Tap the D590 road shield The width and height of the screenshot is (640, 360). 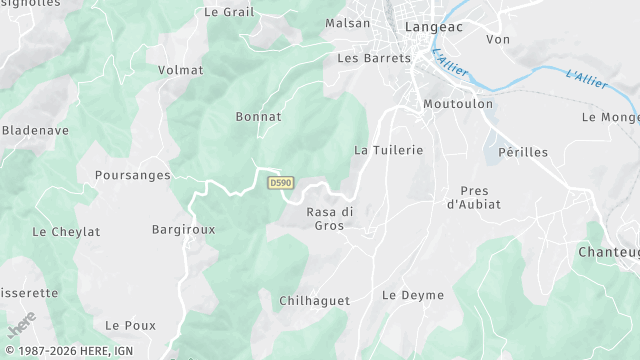pos(280,182)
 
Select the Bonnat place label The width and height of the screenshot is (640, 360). pos(258,117)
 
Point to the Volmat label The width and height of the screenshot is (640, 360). pos(180,71)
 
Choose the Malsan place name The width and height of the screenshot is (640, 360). pos(348,23)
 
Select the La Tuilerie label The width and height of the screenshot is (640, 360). pos(389,150)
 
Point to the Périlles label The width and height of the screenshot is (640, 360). pos(523,151)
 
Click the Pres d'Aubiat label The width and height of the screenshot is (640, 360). pos(473,197)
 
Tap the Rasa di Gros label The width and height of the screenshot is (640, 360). pos(330,219)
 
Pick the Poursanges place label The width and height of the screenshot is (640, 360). pos(133,175)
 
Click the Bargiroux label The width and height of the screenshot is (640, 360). pos(183,229)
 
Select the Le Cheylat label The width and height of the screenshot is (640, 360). pos(66,232)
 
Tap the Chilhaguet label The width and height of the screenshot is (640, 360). pos(314,299)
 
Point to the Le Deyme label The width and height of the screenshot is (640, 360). pos(413,295)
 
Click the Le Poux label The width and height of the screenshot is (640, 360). pos(130,326)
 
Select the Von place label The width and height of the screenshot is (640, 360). pos(497,39)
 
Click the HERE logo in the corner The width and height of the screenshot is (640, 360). pos(21,323)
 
